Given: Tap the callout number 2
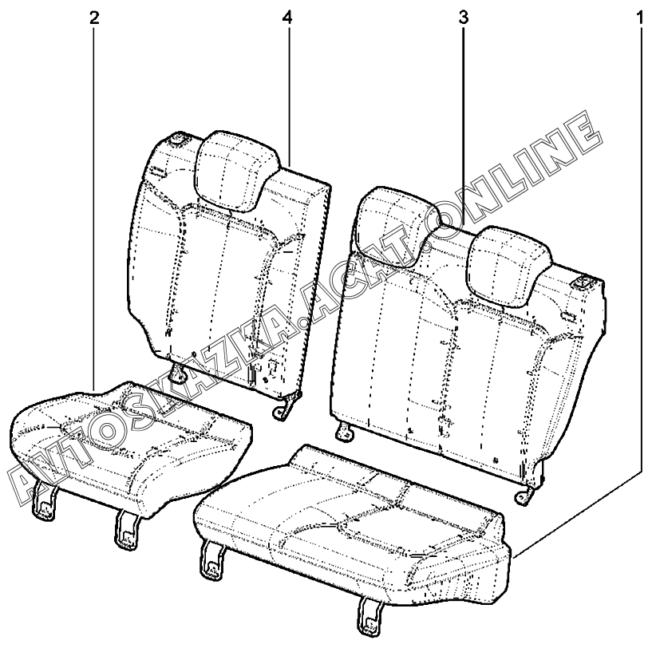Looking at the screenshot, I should (94, 18).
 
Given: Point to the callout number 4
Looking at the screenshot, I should (287, 18).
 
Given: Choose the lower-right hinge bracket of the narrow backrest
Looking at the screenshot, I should (282, 408).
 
